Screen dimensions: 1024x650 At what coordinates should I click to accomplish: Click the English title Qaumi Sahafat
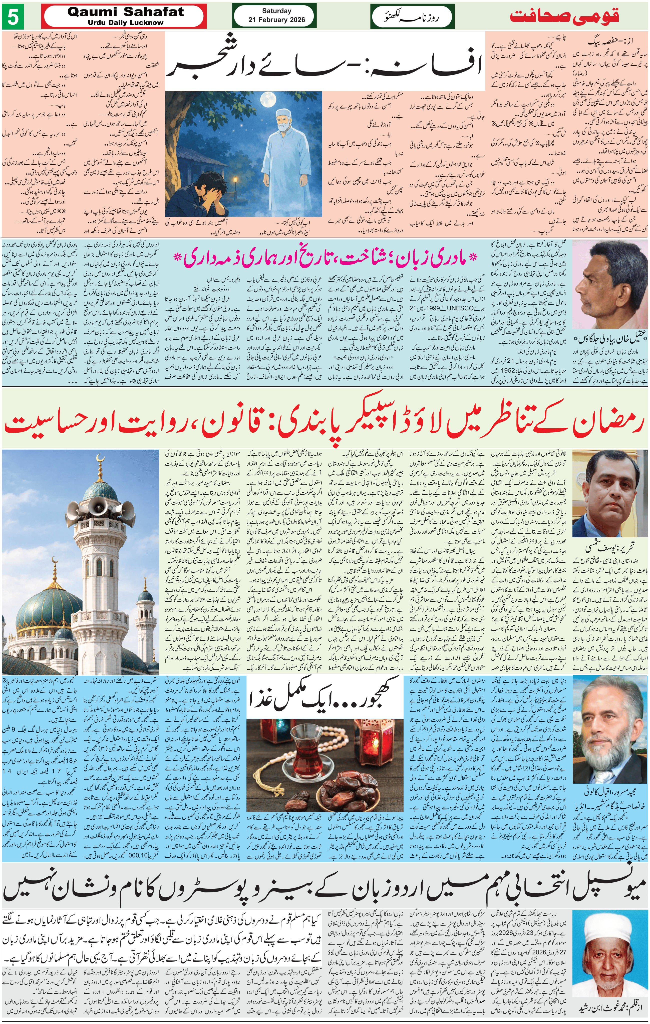[x=125, y=12]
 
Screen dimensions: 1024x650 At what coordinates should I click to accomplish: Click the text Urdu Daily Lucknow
[x=125, y=23]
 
